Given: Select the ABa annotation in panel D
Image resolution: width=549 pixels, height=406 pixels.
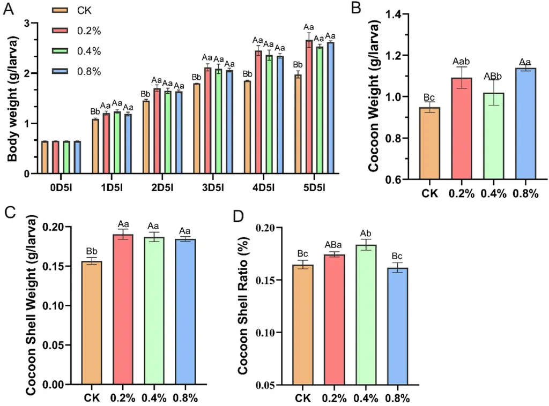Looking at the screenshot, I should click(333, 245).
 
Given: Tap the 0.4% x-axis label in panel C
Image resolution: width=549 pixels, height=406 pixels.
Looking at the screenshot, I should click(155, 398).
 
